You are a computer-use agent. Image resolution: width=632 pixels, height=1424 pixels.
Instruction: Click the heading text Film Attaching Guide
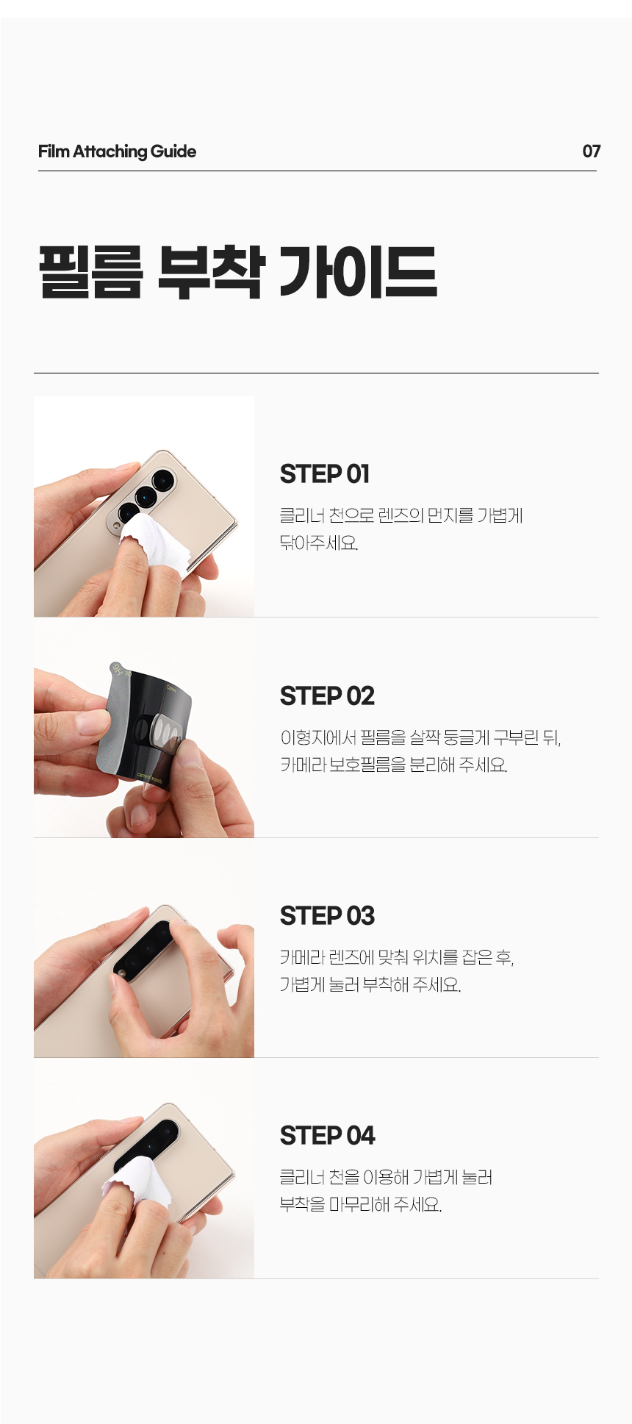tap(117, 151)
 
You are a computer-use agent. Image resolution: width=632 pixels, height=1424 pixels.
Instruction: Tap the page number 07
tap(591, 151)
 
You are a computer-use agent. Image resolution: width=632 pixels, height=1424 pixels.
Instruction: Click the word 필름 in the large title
tap(91, 272)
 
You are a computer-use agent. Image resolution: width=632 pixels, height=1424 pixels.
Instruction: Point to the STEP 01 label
tap(325, 474)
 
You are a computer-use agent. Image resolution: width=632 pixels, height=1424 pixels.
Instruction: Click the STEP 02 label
tap(327, 695)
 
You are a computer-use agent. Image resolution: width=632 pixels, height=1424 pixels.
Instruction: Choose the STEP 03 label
tap(327, 916)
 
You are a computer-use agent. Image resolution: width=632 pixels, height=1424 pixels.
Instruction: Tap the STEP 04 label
tap(327, 1136)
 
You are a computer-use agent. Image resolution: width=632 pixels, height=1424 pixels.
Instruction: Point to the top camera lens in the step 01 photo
tap(163, 481)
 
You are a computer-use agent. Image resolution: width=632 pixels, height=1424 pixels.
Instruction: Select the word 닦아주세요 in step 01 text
tap(319, 543)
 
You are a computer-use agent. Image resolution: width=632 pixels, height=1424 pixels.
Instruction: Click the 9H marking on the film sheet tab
tap(118, 669)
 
